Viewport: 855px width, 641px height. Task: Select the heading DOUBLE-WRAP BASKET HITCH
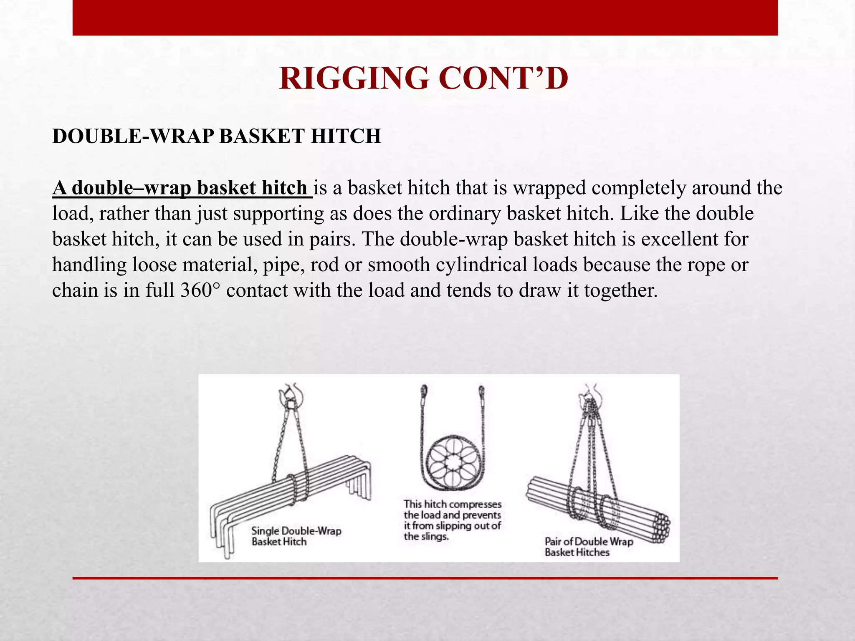216,136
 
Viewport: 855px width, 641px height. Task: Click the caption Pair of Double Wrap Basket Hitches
589,547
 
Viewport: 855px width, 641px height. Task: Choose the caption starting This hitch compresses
452,520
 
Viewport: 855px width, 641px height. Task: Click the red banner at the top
425,18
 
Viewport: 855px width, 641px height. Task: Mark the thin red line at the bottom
425,578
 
